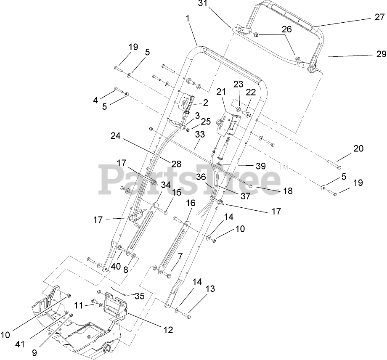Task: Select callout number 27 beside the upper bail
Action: [379, 17]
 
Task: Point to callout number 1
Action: [187, 19]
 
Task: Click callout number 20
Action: [358, 148]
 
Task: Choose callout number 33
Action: [200, 135]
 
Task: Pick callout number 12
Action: [168, 331]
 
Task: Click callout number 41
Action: [19, 344]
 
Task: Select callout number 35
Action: [140, 296]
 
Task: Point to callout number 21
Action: [221, 91]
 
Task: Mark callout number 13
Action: [210, 289]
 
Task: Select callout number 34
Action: [166, 184]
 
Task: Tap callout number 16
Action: [191, 203]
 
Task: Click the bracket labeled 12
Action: [114, 306]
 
